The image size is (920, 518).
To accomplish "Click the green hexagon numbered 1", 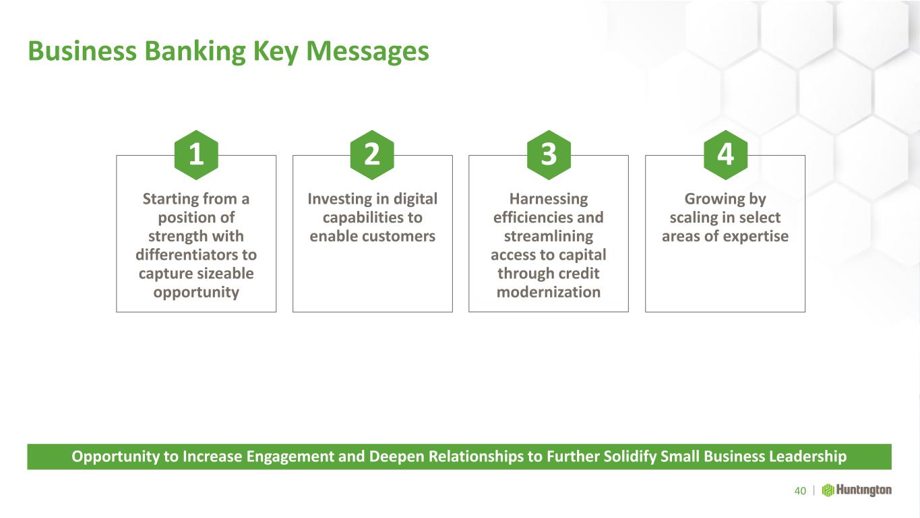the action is (196, 155).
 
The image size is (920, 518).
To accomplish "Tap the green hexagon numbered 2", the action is (372, 155).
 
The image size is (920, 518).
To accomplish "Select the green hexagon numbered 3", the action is (549, 155).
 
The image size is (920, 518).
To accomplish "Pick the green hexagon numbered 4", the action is (725, 155).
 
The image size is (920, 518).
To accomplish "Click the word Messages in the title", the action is (367, 51).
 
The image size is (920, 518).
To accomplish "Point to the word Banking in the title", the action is (195, 52).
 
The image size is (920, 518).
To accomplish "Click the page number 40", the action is (800, 490).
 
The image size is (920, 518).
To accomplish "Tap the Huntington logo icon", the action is (828, 490).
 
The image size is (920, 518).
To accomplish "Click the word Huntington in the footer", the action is (864, 490).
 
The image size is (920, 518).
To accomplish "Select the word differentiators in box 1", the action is (188, 255).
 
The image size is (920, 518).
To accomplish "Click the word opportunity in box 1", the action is (196, 293).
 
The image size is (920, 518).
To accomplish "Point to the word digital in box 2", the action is (415, 200).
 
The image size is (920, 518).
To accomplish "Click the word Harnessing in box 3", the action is (549, 200).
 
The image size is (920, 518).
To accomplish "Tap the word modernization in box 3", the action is (549, 292).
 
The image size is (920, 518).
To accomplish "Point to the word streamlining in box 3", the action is (549, 237).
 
